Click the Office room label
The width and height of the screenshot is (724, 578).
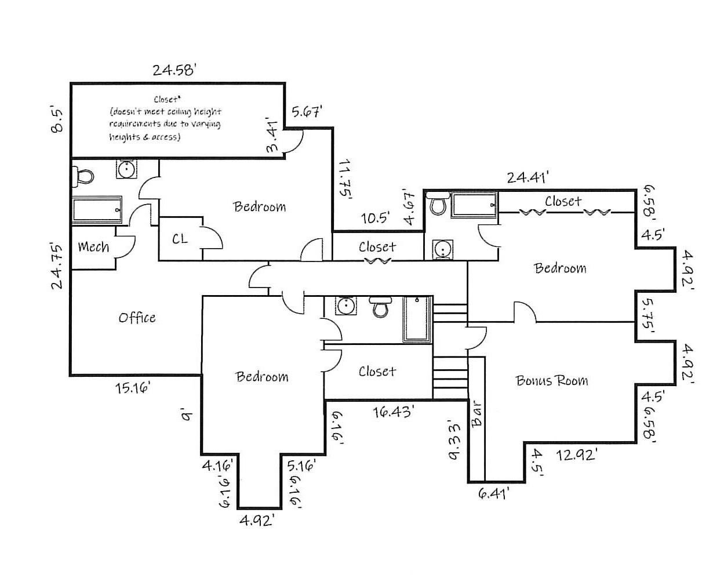pyautogui.click(x=137, y=318)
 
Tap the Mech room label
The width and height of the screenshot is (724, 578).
pyautogui.click(x=93, y=247)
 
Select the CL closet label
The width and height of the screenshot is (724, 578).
pyautogui.click(x=180, y=238)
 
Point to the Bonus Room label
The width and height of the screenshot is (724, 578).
pyautogui.click(x=551, y=380)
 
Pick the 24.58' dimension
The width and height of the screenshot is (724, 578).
pyautogui.click(x=175, y=70)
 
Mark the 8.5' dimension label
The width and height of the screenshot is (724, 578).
pyautogui.click(x=56, y=119)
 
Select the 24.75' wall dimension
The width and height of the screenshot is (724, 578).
pyautogui.click(x=56, y=266)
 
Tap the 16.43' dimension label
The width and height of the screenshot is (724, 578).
pyautogui.click(x=394, y=412)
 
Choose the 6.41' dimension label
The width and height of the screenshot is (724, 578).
pyautogui.click(x=494, y=494)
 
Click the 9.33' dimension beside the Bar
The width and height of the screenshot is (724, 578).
pyautogui.click(x=454, y=439)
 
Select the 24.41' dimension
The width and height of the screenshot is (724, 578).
pyautogui.click(x=527, y=177)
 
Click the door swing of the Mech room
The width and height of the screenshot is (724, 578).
pyautogui.click(x=126, y=246)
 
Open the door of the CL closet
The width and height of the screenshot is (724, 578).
pyautogui.click(x=212, y=238)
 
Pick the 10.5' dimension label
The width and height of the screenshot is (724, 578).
pyautogui.click(x=375, y=218)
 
